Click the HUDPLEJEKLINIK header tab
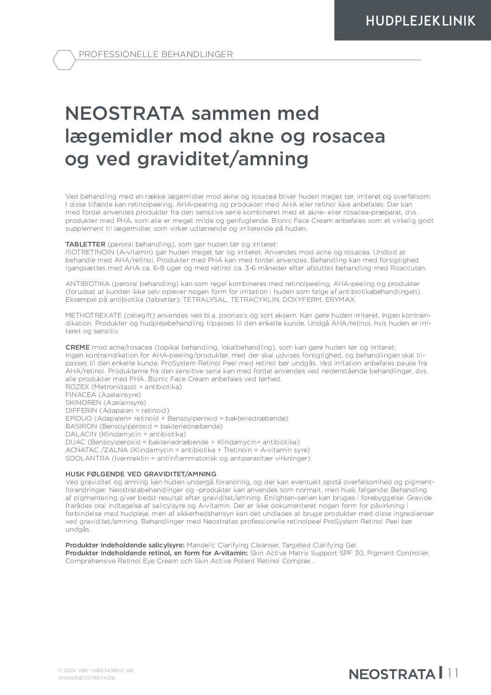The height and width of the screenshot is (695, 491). (420, 21)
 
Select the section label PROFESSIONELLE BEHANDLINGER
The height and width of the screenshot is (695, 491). (155, 54)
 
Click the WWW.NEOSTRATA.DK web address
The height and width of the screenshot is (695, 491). (87, 678)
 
